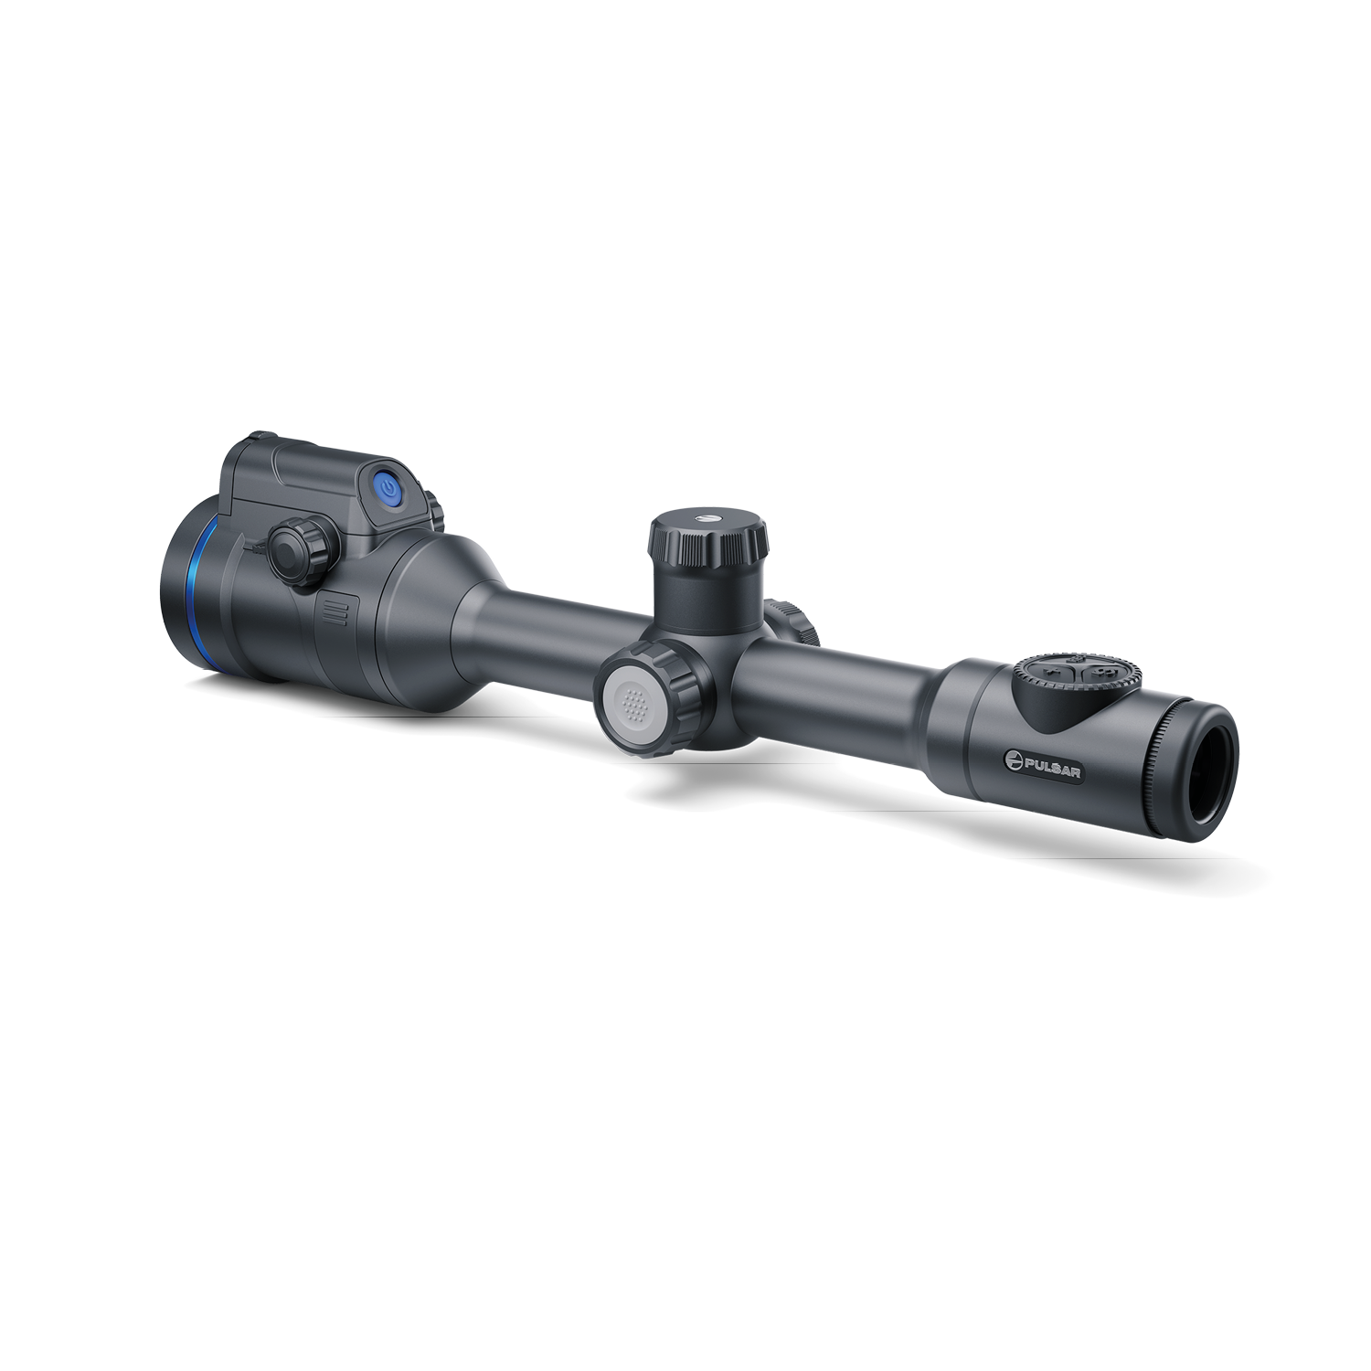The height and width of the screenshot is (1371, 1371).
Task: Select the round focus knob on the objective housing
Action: click(302, 550)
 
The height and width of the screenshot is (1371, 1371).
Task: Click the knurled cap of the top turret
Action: click(708, 538)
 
